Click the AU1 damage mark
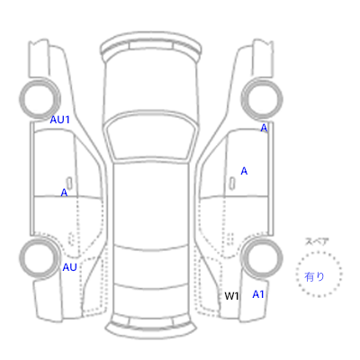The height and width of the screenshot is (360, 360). pos(59,120)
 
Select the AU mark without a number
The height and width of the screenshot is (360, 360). pos(69,267)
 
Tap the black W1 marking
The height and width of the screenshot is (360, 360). pos(231,296)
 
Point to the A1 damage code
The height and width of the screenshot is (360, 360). pos(258,294)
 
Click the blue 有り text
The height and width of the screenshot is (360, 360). pos(314,276)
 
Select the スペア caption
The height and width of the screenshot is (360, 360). pos(317,241)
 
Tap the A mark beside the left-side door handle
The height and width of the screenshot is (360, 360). pos(64,193)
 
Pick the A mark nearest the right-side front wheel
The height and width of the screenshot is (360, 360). pos(264,128)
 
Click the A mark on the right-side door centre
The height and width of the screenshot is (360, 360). pos(244,171)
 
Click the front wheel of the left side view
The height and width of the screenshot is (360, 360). pos(40,99)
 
